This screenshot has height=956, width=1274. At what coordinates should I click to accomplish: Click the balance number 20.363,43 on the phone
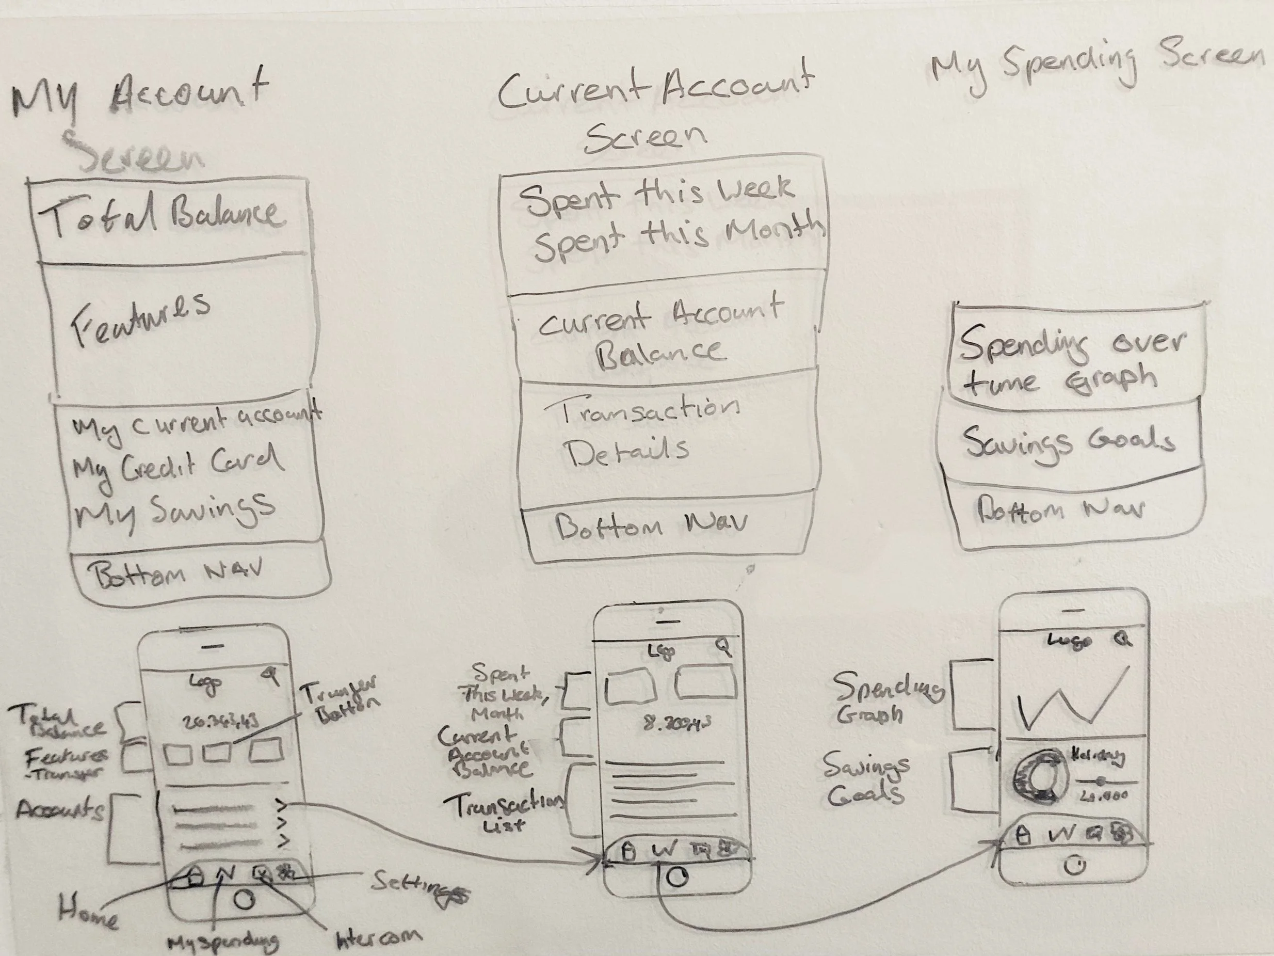click(x=220, y=722)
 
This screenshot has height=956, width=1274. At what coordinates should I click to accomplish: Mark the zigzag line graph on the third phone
click(x=1071, y=700)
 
